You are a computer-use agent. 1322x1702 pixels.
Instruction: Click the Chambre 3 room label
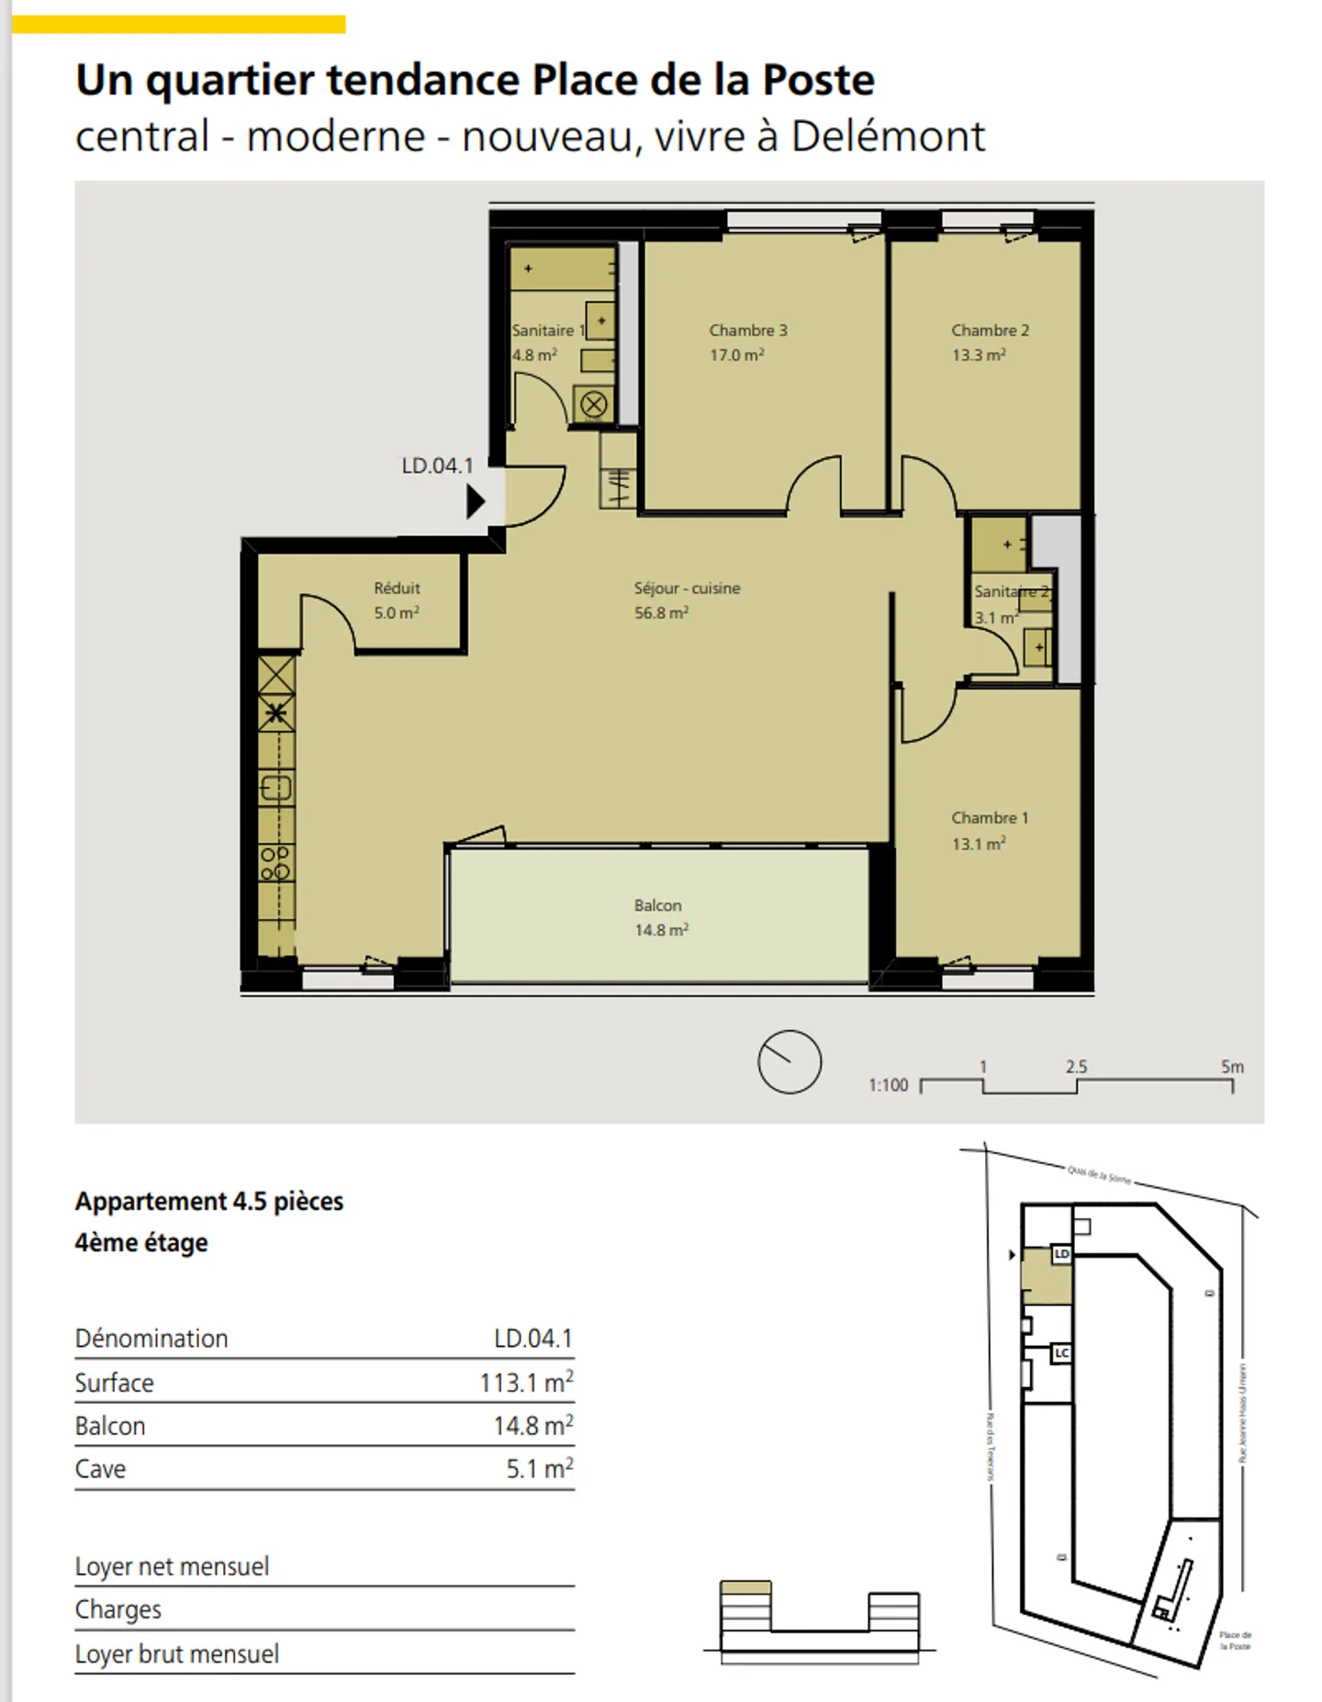coord(747,330)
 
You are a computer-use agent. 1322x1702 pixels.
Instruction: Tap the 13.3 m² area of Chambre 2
coord(979,355)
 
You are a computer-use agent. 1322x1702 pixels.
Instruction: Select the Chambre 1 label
coord(989,818)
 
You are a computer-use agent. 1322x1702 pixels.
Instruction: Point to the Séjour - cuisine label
coord(687,588)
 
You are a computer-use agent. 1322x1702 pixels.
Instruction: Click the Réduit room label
coord(397,588)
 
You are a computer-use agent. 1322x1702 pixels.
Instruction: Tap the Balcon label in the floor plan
coord(657,906)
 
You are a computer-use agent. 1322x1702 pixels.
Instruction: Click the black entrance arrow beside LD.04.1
coord(475,502)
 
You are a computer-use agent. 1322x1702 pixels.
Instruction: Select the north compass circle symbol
coord(789,1062)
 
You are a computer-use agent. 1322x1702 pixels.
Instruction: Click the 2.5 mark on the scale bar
coord(1076,1067)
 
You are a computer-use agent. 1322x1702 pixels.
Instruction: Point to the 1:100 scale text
coord(888,1085)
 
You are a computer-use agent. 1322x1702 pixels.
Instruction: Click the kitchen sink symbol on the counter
coord(276,788)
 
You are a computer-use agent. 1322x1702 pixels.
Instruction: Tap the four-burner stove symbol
coord(275,863)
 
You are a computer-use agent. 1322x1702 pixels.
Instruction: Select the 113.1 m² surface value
coord(526,1383)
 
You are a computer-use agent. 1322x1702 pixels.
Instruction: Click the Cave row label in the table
coord(100,1469)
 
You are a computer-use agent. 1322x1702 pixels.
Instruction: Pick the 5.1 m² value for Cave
coord(540,1469)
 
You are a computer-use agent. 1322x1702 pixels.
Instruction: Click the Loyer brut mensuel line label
coord(176,1654)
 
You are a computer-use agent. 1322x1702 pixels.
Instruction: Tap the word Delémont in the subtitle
coord(888,137)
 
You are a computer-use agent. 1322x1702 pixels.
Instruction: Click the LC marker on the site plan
coord(1061,1353)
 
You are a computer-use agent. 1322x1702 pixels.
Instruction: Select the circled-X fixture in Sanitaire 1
coord(594,405)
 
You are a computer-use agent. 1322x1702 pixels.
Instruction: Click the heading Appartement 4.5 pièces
coord(209,1202)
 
